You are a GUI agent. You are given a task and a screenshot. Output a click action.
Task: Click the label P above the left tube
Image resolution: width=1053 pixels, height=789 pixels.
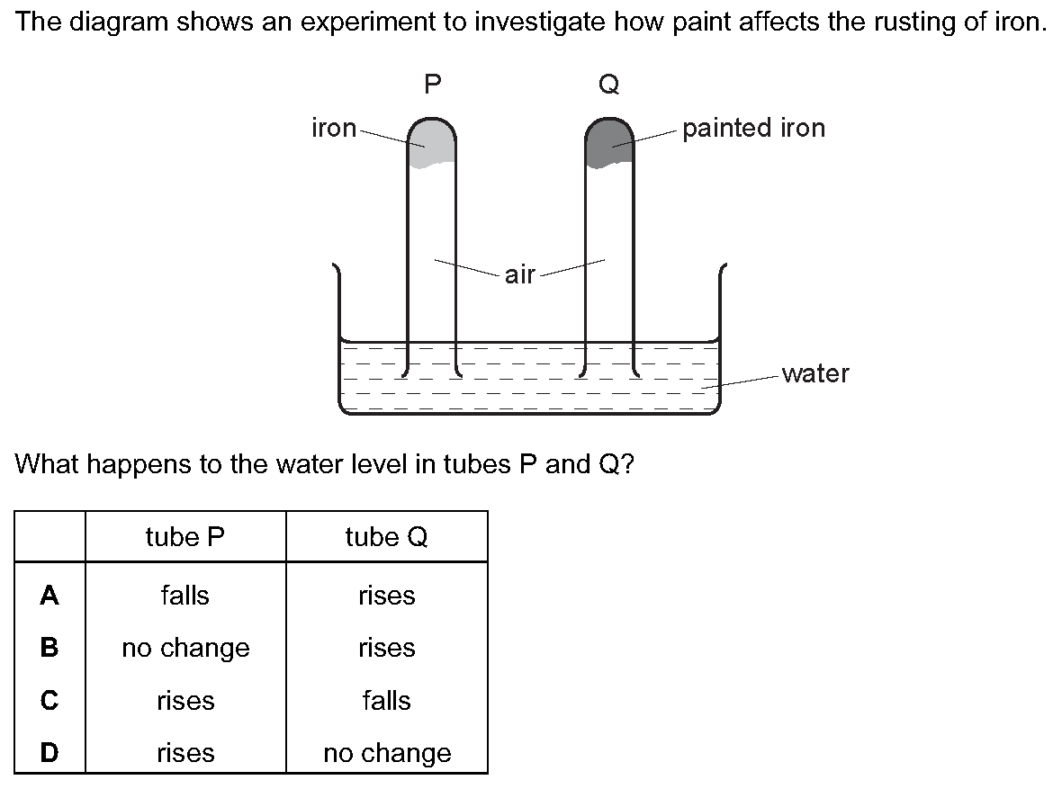(x=433, y=85)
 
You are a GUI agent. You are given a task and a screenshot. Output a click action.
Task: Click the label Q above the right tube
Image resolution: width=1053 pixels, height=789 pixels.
(x=608, y=85)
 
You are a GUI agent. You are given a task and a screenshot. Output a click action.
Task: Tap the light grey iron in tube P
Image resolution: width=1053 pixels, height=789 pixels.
(x=431, y=143)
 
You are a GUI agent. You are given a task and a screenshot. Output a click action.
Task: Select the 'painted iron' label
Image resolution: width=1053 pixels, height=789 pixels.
(x=753, y=129)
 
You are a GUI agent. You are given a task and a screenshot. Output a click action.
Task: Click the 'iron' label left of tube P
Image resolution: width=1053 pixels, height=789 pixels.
(x=334, y=128)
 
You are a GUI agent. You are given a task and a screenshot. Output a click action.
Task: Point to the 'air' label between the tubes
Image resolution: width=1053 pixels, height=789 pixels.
(x=520, y=274)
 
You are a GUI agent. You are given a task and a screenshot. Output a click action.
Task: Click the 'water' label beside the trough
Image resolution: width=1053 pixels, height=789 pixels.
(x=815, y=373)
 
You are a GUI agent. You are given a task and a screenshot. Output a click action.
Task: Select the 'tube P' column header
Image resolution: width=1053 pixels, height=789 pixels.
(x=185, y=536)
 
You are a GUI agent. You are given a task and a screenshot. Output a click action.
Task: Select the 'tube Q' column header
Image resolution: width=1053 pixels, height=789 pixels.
(x=387, y=536)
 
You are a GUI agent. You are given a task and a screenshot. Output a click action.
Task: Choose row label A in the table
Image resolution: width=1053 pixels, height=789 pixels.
(x=49, y=595)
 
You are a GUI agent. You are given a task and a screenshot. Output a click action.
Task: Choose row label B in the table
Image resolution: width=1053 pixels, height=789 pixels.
(x=49, y=648)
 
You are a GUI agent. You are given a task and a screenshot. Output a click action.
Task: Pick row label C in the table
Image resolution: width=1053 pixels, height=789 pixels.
(x=49, y=700)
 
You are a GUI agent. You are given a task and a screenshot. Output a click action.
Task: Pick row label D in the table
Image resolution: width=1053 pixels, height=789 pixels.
(x=49, y=753)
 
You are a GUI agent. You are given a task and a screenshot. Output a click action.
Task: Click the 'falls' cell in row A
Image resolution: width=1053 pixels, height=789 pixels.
(x=185, y=595)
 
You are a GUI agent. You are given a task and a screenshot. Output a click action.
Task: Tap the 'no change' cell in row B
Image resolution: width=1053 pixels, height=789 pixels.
(x=186, y=648)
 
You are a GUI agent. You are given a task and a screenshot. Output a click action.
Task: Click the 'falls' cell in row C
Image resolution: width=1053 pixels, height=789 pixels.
(x=387, y=700)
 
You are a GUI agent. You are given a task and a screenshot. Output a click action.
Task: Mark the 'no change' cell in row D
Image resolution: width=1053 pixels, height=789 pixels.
(x=388, y=753)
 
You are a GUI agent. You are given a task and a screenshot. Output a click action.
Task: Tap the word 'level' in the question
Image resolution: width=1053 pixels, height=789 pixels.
(x=380, y=464)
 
